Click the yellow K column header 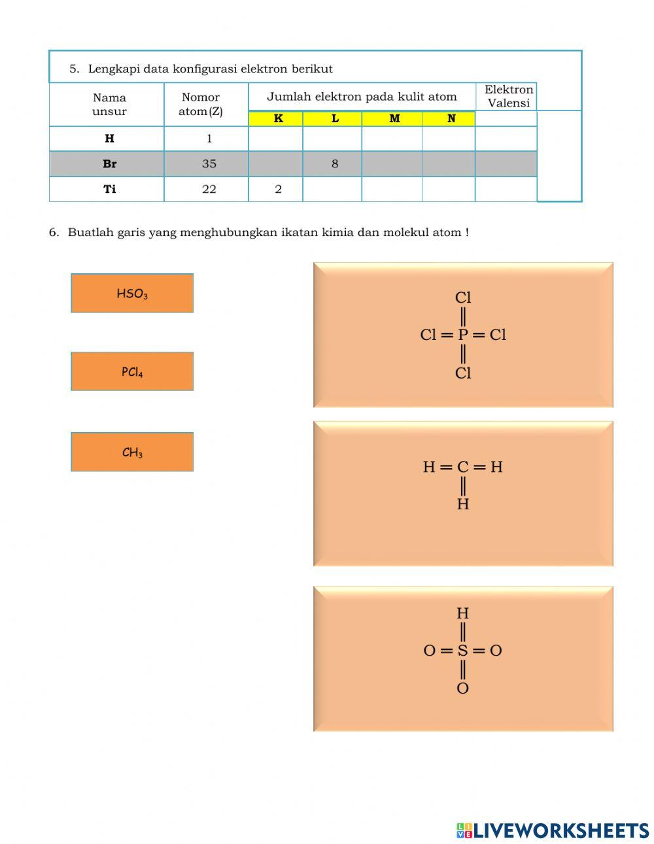click(x=278, y=118)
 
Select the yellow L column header click(x=335, y=118)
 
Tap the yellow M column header click(x=394, y=118)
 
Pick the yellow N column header click(x=451, y=118)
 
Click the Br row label click(x=109, y=163)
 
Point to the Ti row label click(x=109, y=189)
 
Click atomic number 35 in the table click(x=209, y=163)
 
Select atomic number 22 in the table click(x=209, y=189)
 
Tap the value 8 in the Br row click(x=335, y=163)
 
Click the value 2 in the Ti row click(x=278, y=189)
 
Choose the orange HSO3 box click(x=132, y=294)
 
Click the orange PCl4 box click(x=132, y=371)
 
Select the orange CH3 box click(x=132, y=452)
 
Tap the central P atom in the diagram click(x=463, y=335)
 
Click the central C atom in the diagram click(x=463, y=467)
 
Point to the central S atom click(x=463, y=650)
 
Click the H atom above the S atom click(x=463, y=613)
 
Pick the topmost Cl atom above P click(x=463, y=297)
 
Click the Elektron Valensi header click(x=508, y=97)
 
